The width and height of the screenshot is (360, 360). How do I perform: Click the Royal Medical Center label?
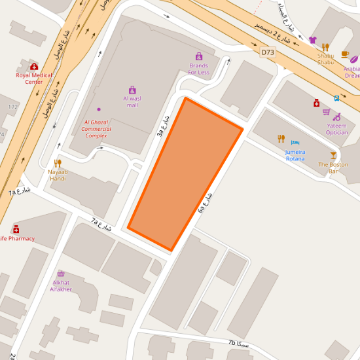pos(34,79)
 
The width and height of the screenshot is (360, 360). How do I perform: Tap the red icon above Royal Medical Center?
pos(34,66)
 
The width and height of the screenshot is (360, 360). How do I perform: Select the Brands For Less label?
pos(198,69)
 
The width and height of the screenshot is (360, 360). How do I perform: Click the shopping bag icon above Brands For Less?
pos(198,56)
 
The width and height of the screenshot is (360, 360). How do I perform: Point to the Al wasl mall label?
pos(132,101)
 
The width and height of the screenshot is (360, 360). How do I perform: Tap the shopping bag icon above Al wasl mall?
pos(132,90)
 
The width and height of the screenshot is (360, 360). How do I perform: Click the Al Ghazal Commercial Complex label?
pos(96,129)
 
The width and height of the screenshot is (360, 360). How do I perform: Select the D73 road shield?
pos(267,52)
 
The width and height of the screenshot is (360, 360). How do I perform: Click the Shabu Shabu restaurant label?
pos(325,59)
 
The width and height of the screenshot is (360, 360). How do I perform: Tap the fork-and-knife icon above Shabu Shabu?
pos(325,47)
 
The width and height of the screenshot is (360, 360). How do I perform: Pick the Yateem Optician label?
pos(337,129)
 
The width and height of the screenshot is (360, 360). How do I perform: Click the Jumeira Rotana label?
pos(295,155)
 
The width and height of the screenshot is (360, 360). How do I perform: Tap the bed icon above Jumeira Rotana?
pos(295,142)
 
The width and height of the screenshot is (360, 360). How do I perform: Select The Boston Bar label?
pos(333,168)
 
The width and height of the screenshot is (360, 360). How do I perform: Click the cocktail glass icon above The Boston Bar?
pos(333,155)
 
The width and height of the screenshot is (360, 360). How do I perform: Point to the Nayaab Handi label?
pos(58,175)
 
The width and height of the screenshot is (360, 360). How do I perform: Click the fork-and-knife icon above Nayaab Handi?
pos(58,163)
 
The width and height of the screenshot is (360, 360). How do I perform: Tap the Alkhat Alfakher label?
pos(61,286)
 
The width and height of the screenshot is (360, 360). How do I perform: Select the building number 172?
pos(12,106)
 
